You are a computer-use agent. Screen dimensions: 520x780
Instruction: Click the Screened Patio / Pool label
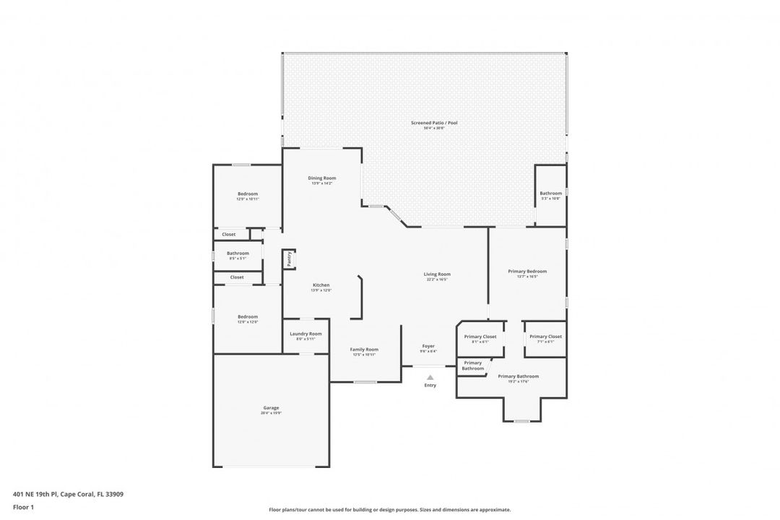point(434,123)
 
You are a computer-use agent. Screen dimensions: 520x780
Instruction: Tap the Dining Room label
point(322,178)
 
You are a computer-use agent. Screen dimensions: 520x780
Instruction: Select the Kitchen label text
point(321,285)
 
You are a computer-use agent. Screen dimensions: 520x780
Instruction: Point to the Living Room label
point(437,274)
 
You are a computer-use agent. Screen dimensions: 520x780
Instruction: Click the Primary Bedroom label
point(527,272)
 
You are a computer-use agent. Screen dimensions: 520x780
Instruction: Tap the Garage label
point(271,408)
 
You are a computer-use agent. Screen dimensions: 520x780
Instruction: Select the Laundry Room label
point(305,334)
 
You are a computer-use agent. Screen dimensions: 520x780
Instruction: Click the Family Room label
point(364,350)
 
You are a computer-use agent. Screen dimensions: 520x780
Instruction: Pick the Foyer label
point(428,347)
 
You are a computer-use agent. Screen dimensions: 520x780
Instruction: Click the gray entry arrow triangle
point(430,377)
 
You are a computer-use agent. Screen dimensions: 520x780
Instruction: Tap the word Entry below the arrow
point(430,385)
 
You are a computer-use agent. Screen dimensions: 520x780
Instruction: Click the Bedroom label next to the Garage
point(248,317)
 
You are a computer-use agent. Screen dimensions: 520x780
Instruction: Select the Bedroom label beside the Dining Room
point(248,194)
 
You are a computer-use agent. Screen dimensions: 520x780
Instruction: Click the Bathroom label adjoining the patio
point(550,193)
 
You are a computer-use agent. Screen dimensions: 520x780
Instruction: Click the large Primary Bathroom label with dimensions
point(518,376)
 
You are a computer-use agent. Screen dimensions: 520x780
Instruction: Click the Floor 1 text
point(23,507)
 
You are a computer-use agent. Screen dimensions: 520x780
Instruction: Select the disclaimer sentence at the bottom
point(389,509)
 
